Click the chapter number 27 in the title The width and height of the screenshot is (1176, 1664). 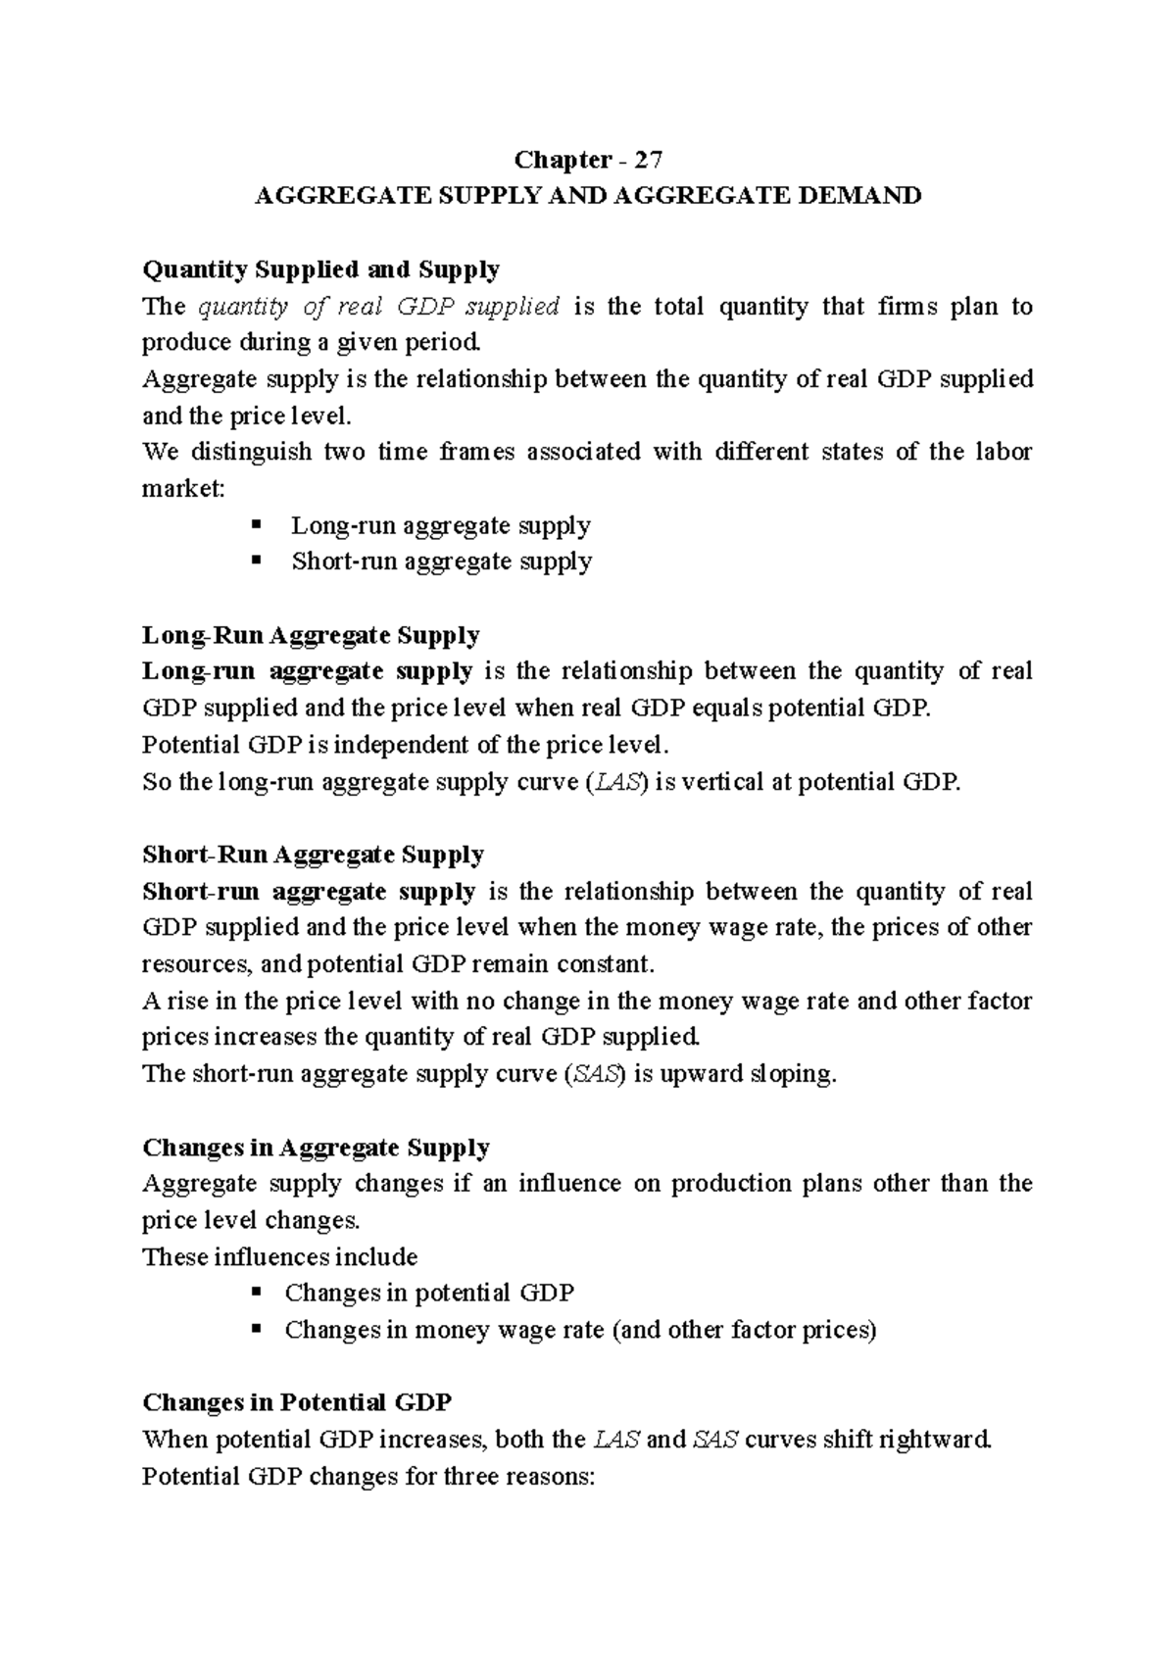point(649,159)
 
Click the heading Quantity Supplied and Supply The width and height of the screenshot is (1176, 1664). point(320,269)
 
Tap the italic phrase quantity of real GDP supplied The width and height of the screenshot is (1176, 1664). point(378,307)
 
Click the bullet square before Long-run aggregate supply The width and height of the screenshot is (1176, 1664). point(257,524)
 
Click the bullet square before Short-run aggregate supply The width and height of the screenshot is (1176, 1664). point(257,561)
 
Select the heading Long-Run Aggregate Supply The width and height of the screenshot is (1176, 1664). point(311,635)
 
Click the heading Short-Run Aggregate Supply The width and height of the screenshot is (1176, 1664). point(313,855)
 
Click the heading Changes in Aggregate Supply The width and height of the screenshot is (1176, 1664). point(316,1147)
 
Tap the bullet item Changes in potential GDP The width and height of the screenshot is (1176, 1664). point(428,1293)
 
